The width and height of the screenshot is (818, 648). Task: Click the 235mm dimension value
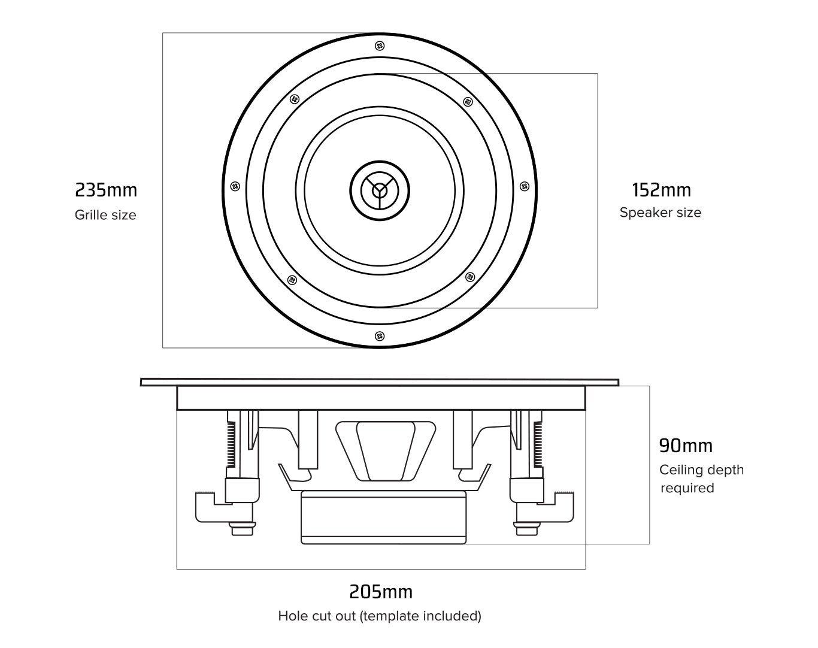click(x=106, y=190)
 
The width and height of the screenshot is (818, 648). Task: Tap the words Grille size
click(x=105, y=215)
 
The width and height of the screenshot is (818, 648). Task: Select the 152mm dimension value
click(x=661, y=190)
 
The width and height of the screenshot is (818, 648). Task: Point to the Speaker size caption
click(x=660, y=213)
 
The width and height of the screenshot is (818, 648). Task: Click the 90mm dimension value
click(x=686, y=446)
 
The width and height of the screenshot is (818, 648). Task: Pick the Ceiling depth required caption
click(x=701, y=479)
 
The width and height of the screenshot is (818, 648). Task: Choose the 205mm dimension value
click(x=381, y=592)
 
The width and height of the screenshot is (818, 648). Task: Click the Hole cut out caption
click(x=380, y=616)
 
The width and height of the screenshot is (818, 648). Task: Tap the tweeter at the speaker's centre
click(x=380, y=190)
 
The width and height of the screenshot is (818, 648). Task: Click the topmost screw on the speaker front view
click(x=379, y=46)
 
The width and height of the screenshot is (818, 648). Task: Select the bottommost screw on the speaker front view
click(x=379, y=335)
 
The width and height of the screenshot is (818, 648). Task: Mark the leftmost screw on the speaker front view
click(x=235, y=186)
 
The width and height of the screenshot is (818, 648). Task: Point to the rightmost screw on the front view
click(x=524, y=186)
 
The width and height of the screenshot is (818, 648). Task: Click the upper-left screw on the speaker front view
click(x=293, y=99)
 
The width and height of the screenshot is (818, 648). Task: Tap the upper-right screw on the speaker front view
click(x=468, y=101)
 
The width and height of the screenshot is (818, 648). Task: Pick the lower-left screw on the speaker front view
click(x=292, y=280)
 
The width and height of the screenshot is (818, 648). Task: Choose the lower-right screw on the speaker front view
click(x=469, y=277)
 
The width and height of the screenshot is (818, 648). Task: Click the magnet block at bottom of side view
click(x=383, y=517)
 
